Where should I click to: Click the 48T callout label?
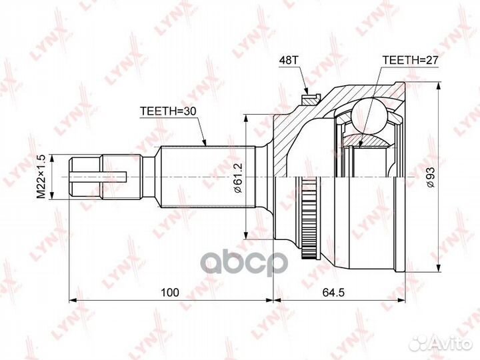point(288,60)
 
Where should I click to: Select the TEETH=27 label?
point(411,60)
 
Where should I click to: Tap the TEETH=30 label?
point(168,111)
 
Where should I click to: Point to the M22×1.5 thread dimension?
point(41,177)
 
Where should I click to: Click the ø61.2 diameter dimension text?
point(238,177)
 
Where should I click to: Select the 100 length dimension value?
point(170,293)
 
